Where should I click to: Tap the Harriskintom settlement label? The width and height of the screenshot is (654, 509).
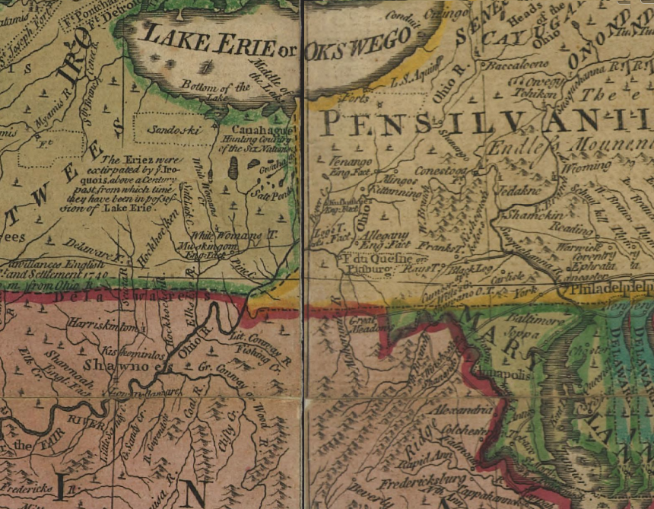pos(103,325)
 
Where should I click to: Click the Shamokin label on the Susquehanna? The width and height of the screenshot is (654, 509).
pos(522,216)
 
